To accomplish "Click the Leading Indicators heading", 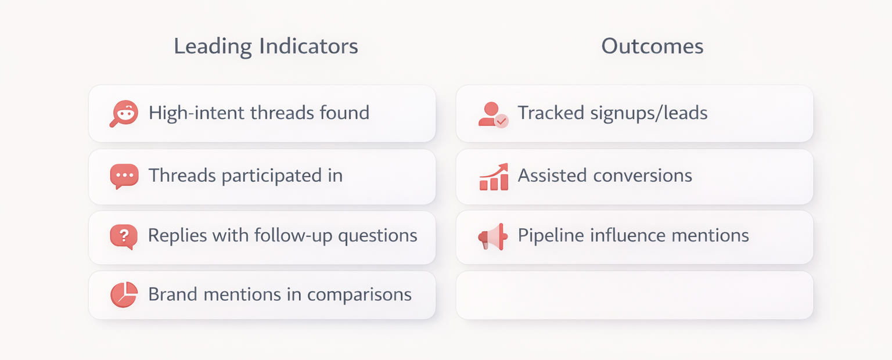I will point(265,46).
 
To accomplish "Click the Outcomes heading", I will point(652,46).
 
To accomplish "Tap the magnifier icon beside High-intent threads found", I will point(124,113).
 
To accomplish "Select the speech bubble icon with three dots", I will point(124,176).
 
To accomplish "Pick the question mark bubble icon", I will point(124,236).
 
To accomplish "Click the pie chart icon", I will point(124,295).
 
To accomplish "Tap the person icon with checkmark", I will point(492,114).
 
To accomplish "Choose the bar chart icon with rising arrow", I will point(494,177).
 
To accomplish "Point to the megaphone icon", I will point(493,236).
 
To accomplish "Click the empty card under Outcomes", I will point(634,295).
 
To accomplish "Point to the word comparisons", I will point(359,295).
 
